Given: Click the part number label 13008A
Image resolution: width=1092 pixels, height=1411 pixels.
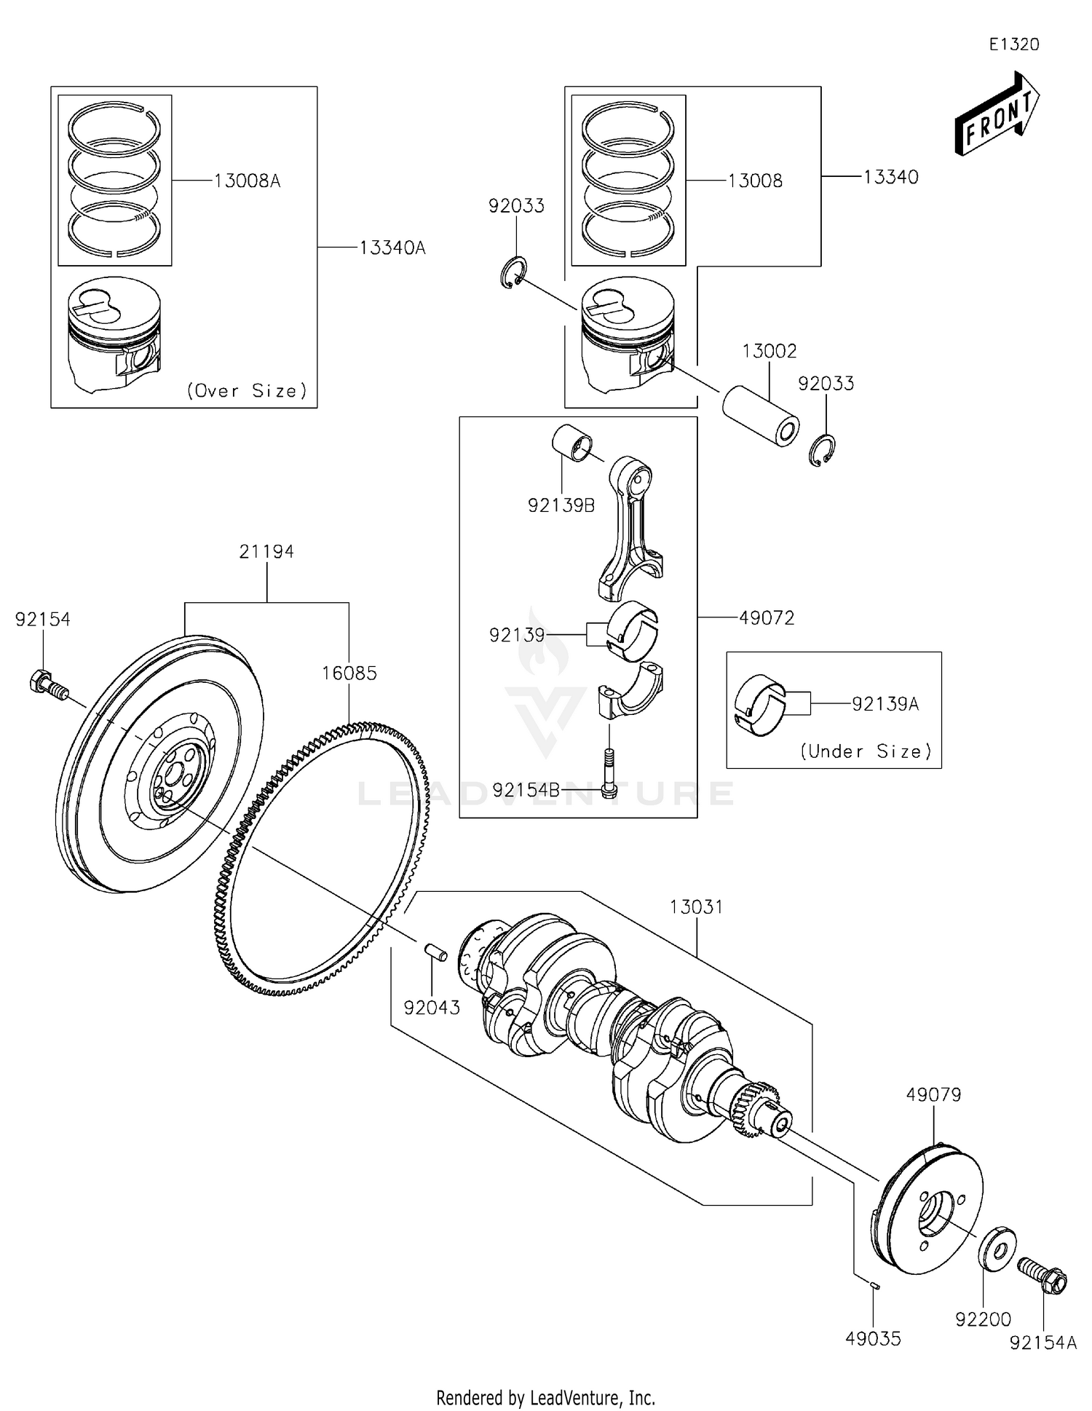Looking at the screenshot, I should click(247, 181).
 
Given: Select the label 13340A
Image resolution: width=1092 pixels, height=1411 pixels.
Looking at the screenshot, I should click(392, 248).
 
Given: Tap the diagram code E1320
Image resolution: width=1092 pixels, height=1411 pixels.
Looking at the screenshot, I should click(1013, 44).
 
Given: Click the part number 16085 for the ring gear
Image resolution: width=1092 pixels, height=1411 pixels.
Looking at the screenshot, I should click(349, 673).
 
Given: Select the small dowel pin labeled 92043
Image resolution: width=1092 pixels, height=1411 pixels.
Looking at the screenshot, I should click(435, 952).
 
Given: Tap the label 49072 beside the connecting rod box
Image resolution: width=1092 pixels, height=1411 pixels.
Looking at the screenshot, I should click(767, 618).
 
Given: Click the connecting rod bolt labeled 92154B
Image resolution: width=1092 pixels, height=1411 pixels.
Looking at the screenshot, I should click(610, 773).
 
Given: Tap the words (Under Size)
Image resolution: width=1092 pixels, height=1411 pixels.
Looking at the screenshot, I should click(866, 751).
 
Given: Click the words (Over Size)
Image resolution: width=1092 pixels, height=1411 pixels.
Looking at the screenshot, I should click(247, 391).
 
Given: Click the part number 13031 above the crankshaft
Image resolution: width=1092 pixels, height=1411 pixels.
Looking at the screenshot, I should click(696, 907).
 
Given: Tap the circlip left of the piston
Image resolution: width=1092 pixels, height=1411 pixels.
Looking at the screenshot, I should click(514, 272).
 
